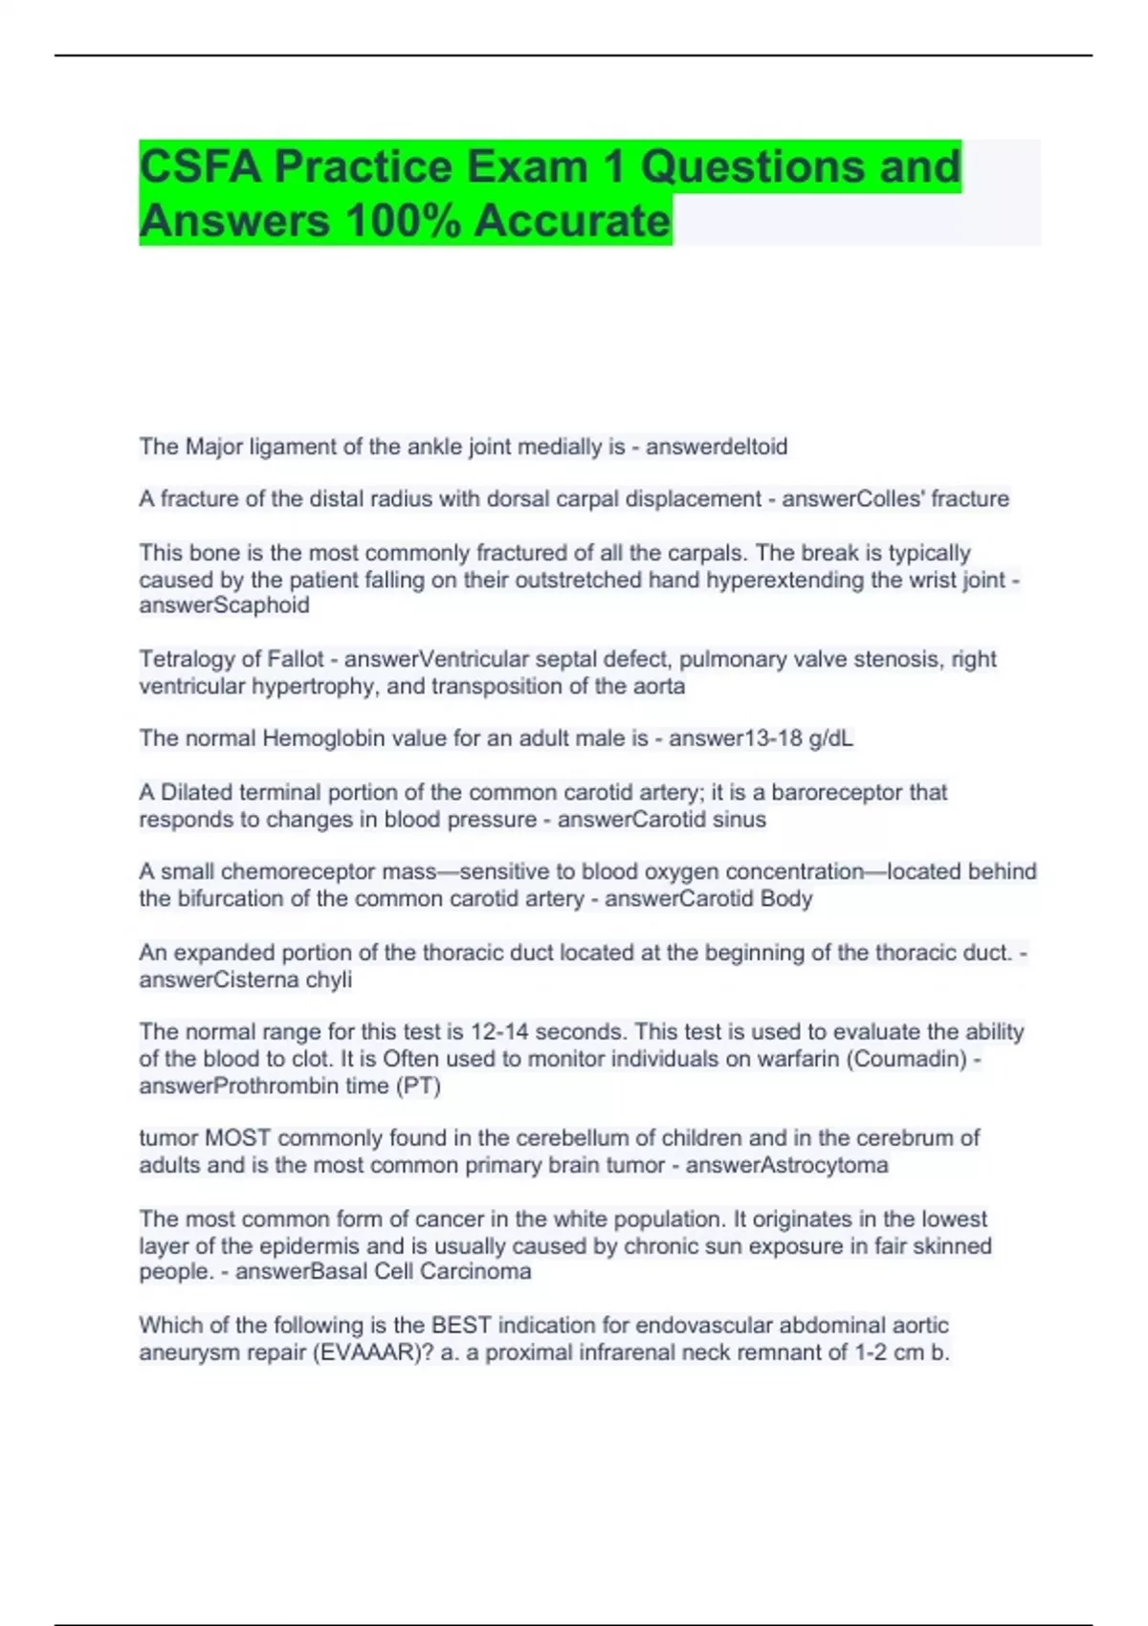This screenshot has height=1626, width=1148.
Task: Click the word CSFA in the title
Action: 201,167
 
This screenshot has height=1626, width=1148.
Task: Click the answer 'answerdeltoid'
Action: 717,447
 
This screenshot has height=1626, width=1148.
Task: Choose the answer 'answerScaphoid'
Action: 224,605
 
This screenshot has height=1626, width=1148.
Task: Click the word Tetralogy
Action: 188,660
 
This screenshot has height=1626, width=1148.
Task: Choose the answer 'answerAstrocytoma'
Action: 786,1166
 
